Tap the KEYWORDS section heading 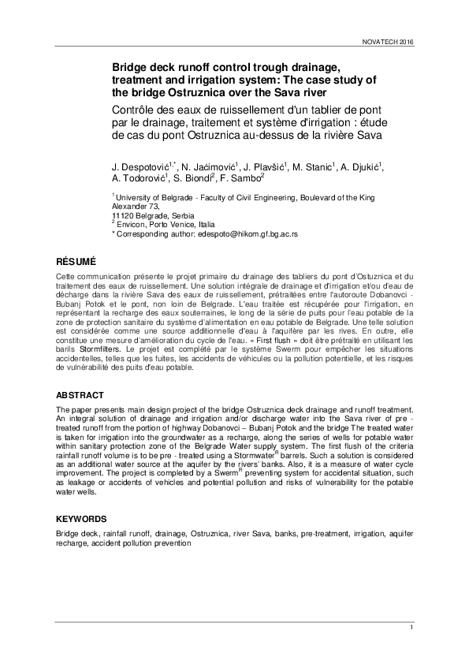(82, 520)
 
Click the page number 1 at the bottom (411, 625)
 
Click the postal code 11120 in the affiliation (123, 215)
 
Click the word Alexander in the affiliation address (129, 205)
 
